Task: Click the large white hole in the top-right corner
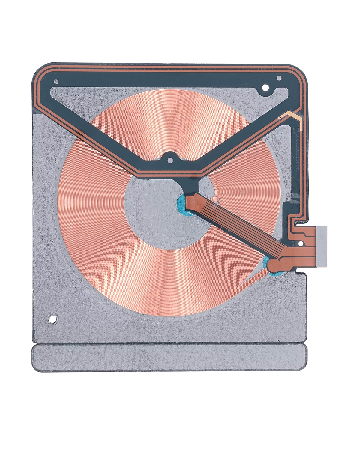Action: (265, 88)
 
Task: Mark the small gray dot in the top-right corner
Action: (279, 78)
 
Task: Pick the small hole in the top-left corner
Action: (56, 82)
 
